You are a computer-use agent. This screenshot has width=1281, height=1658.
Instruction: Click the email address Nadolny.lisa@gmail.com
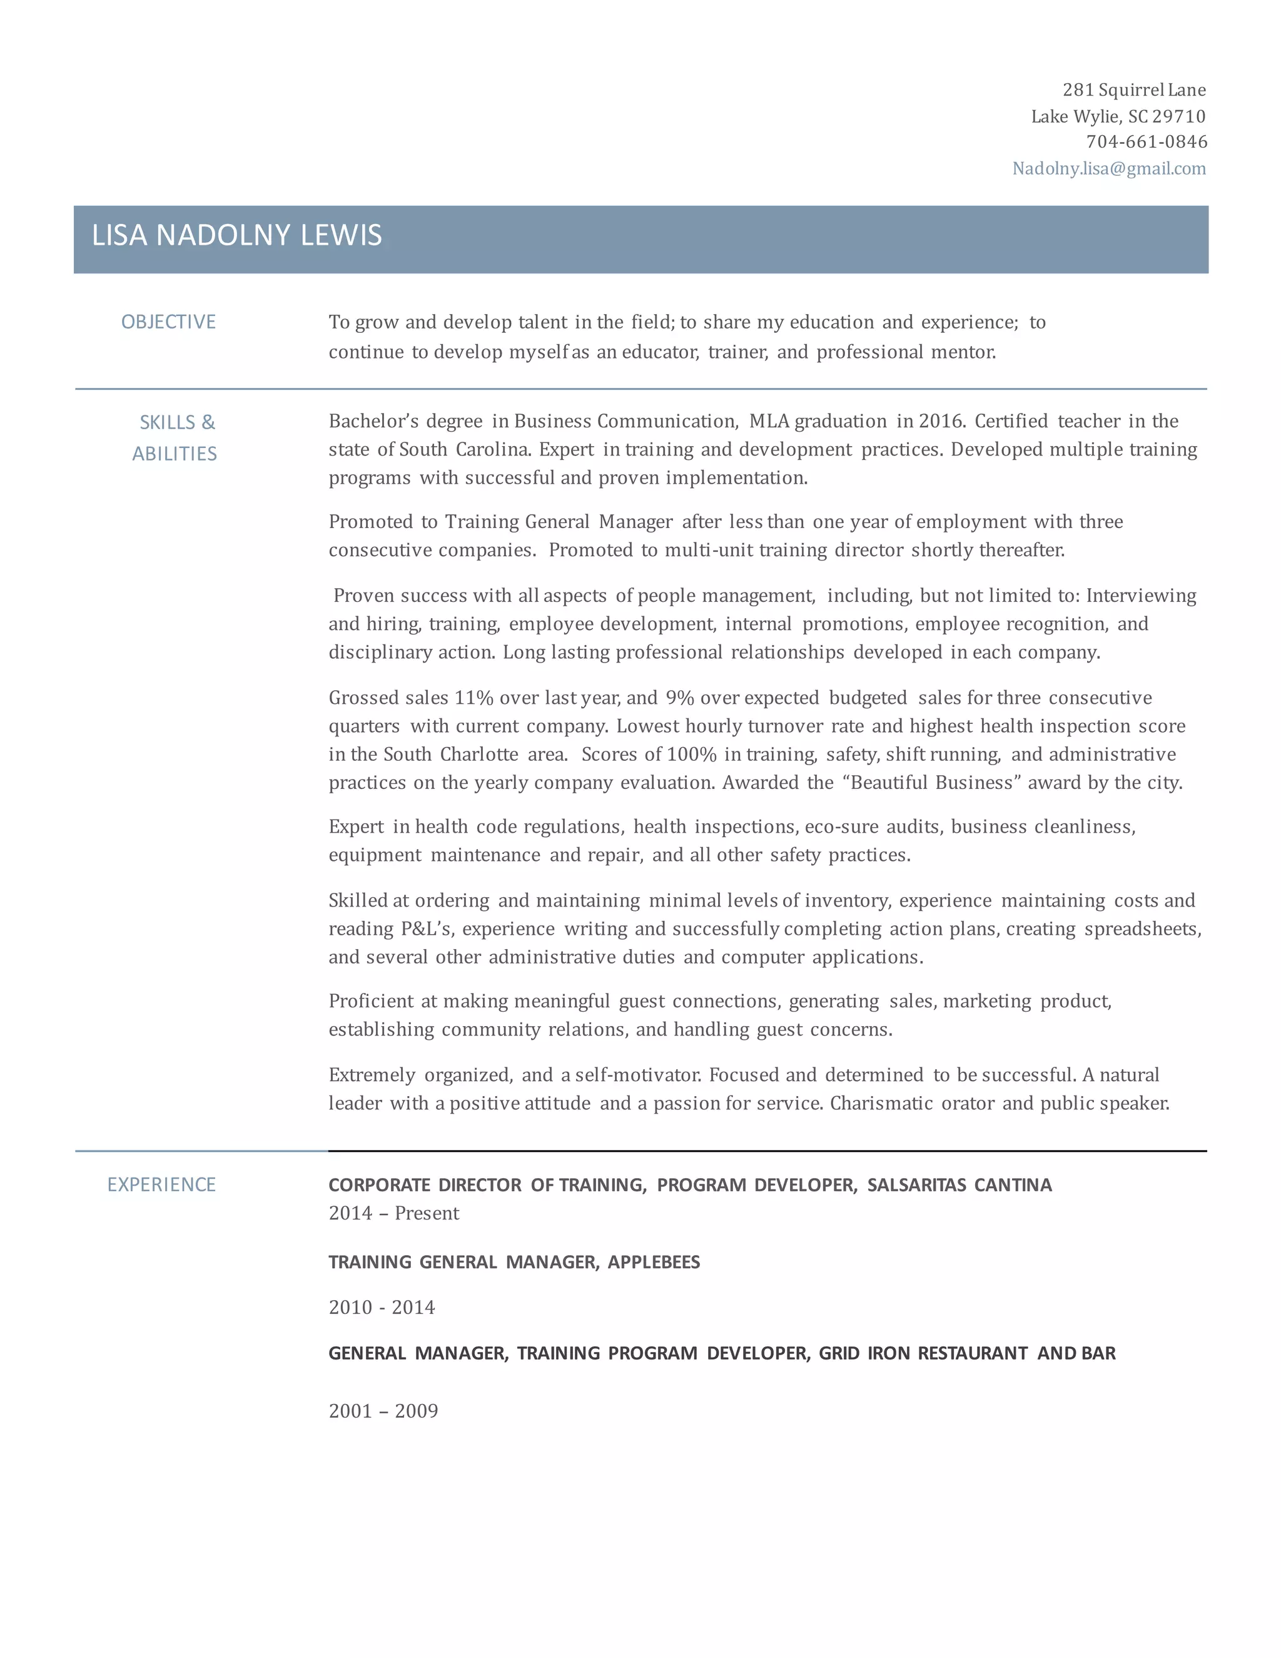click(x=1109, y=168)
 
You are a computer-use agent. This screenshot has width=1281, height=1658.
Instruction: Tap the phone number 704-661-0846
click(x=1146, y=142)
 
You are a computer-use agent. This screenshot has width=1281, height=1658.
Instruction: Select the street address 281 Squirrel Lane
click(x=1134, y=90)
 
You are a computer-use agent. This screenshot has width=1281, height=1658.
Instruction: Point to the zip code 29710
click(x=1178, y=116)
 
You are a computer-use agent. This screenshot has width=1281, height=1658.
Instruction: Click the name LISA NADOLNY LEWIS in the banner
click(x=237, y=235)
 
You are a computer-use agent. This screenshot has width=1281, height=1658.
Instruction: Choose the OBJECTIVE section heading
click(x=168, y=322)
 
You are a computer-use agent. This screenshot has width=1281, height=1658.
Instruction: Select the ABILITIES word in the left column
click(x=175, y=454)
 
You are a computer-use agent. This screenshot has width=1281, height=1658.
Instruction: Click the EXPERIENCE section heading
click(x=161, y=1184)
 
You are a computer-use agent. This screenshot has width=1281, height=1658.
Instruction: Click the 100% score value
click(x=691, y=755)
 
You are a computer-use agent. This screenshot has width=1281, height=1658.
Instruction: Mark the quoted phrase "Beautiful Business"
click(x=932, y=783)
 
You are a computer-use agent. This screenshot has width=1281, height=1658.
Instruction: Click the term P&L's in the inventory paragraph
click(x=427, y=929)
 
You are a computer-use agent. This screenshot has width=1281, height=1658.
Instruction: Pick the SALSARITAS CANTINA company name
click(x=959, y=1185)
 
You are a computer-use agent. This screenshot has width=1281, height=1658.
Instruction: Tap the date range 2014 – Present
click(x=394, y=1213)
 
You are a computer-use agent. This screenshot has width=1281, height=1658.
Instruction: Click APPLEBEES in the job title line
click(x=654, y=1262)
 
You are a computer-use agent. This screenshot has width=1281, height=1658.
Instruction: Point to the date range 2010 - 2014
click(x=382, y=1307)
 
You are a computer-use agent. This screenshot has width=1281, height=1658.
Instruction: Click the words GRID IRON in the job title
click(x=864, y=1353)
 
